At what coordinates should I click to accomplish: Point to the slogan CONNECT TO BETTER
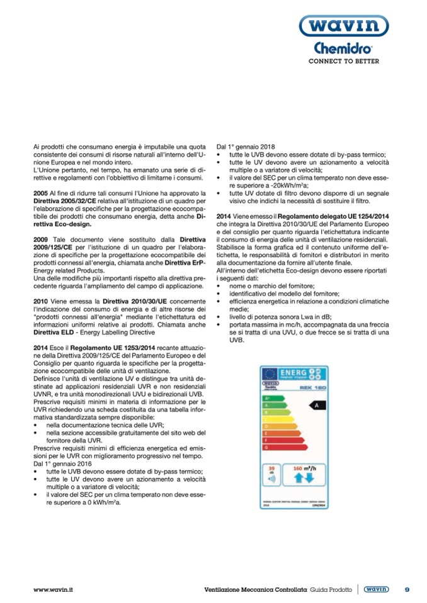point(343,62)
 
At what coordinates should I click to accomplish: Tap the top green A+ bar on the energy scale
point(270,398)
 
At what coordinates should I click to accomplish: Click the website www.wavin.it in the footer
point(53,589)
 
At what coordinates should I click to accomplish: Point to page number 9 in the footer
point(407,589)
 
